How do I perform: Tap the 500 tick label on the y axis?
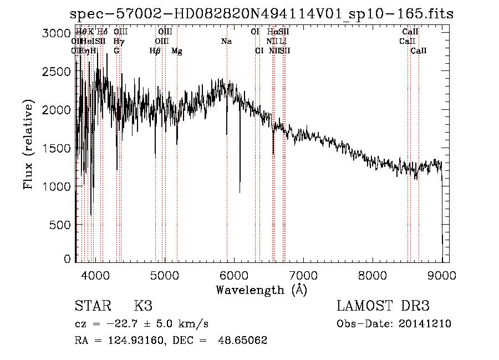pyautogui.click(x=60, y=225)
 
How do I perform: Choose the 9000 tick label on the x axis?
pyautogui.click(x=442, y=274)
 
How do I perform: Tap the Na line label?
pyautogui.click(x=226, y=42)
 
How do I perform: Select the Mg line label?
pyautogui.click(x=177, y=51)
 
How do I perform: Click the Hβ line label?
pyautogui.click(x=155, y=51)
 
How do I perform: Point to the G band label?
pyautogui.click(x=116, y=51)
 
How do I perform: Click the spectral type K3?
pyautogui.click(x=143, y=306)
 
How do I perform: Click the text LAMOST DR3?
pyautogui.click(x=383, y=306)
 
